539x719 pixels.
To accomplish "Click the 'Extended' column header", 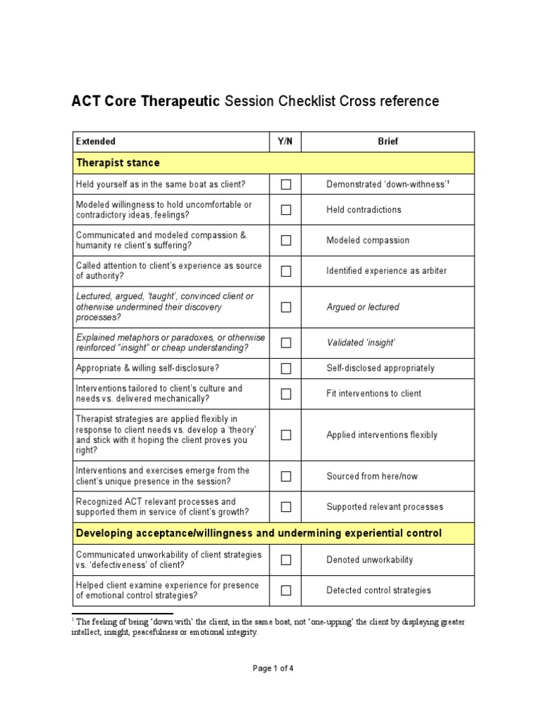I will (x=95, y=141).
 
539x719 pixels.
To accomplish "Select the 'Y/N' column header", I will (x=285, y=141).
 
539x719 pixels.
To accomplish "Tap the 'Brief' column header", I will (x=387, y=141).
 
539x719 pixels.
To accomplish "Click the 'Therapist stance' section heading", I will (x=117, y=163).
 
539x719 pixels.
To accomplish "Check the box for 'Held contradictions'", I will (x=286, y=209).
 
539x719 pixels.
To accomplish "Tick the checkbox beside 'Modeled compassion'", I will (x=286, y=240).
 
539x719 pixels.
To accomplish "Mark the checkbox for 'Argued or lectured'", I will (x=286, y=307).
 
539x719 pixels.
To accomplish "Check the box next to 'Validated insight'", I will (x=286, y=343).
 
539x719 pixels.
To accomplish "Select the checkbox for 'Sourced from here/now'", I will (x=286, y=476).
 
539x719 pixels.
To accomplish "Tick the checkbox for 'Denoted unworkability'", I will (x=286, y=560).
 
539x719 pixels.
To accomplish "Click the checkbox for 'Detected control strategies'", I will (x=286, y=591).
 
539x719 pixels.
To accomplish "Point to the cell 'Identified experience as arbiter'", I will (x=386, y=271).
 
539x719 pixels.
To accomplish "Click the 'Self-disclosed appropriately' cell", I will (x=380, y=368).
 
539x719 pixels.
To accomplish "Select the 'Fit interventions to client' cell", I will (x=373, y=393).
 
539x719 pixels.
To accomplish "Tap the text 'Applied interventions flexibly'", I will (x=381, y=435).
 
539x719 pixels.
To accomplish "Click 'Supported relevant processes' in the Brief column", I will (x=385, y=507).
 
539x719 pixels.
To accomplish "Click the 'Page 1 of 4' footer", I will (x=273, y=668).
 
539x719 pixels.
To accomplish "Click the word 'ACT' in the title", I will (x=86, y=101).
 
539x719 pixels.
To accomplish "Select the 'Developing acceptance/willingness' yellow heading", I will (x=258, y=534).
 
